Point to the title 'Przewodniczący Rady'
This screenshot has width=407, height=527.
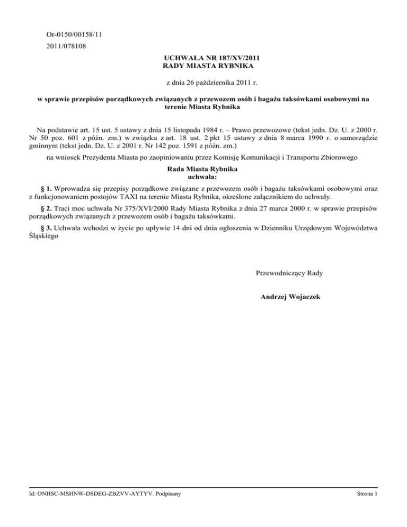pyautogui.click(x=289, y=273)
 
